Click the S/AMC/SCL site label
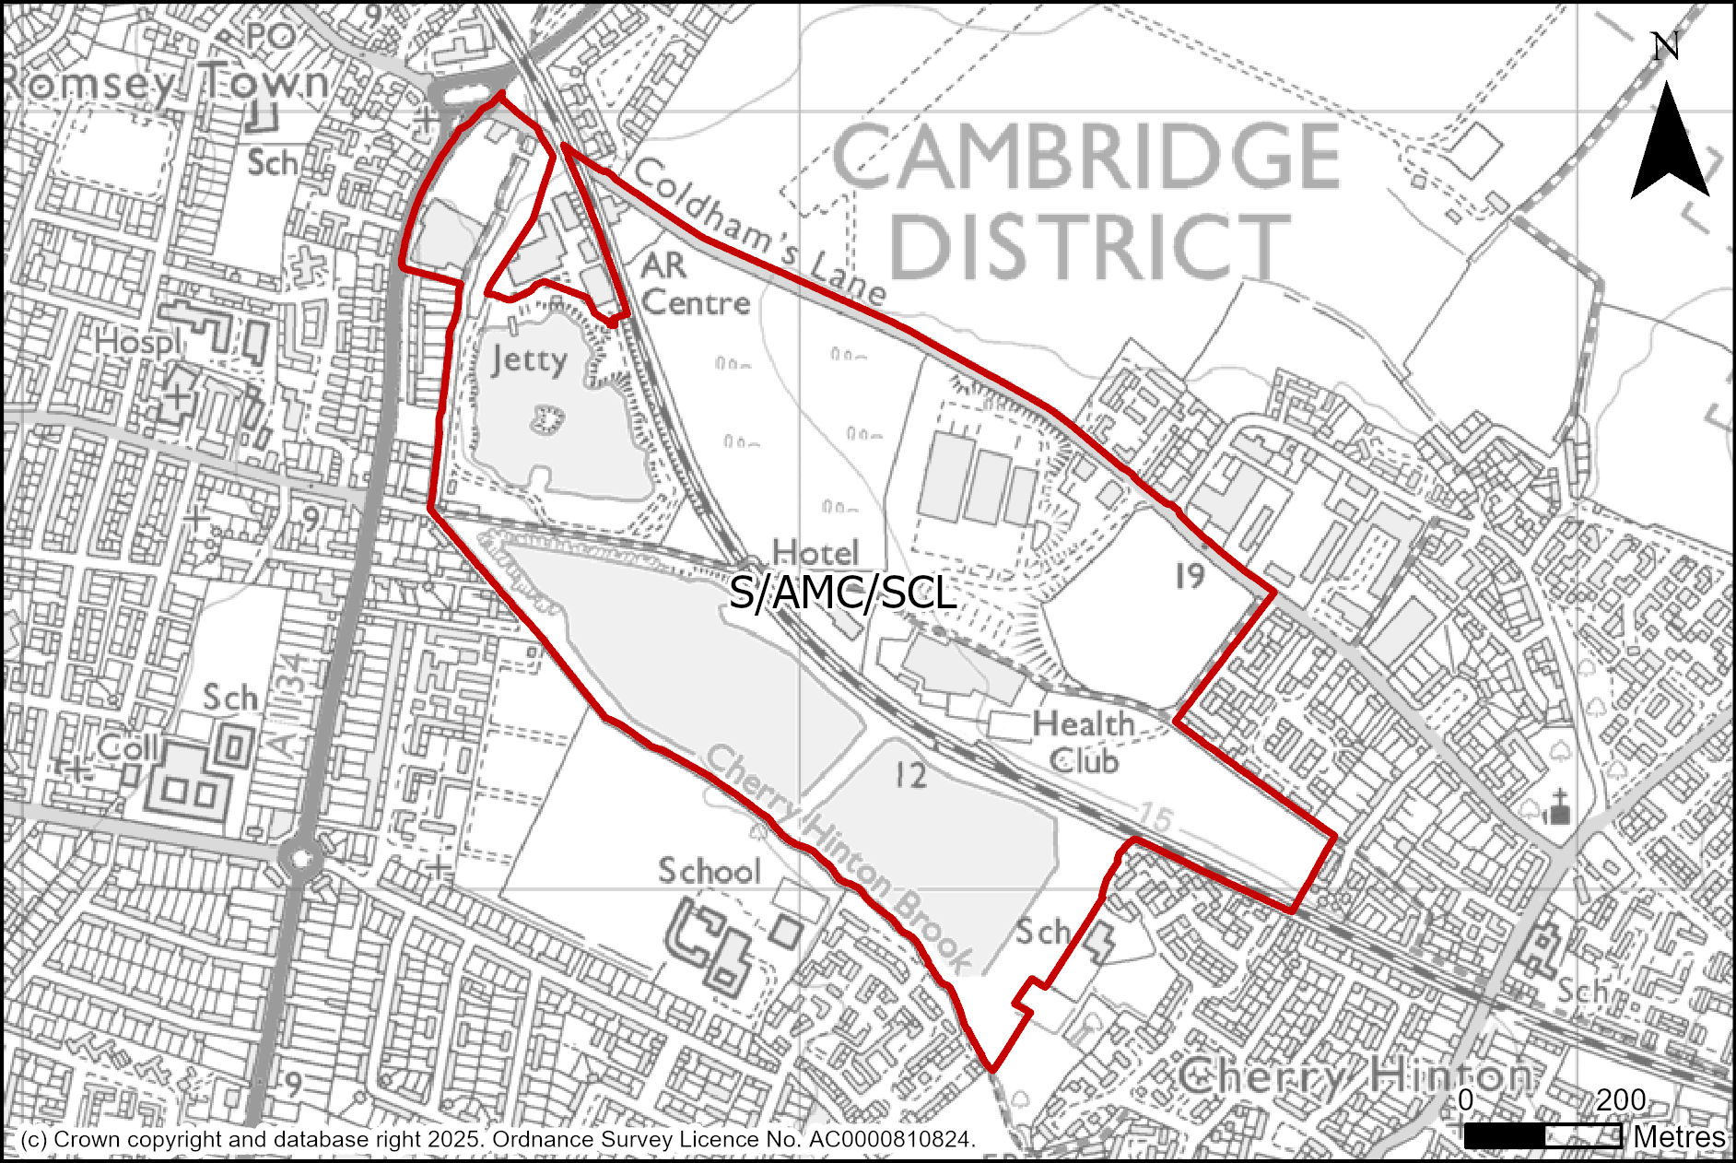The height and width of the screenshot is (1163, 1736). point(841,593)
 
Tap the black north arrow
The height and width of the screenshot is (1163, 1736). point(1669,143)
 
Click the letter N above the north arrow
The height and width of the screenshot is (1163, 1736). point(1664,46)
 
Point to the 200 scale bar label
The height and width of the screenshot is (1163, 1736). point(1621,1099)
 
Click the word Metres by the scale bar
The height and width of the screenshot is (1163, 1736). point(1679,1137)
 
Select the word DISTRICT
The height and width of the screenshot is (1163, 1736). point(1091,246)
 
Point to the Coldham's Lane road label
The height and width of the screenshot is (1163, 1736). point(759,232)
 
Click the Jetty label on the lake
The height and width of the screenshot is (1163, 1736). point(528,358)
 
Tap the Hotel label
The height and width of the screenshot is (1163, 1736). point(815,552)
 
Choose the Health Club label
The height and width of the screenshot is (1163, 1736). point(1084,743)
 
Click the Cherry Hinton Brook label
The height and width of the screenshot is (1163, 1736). point(839,857)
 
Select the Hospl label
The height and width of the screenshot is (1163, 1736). point(138,343)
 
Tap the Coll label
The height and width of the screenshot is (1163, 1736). point(129,747)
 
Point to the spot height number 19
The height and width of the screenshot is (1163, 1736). point(1190,576)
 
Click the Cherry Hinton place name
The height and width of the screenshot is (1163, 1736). point(1355,1076)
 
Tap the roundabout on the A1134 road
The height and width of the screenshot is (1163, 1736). point(301,860)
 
